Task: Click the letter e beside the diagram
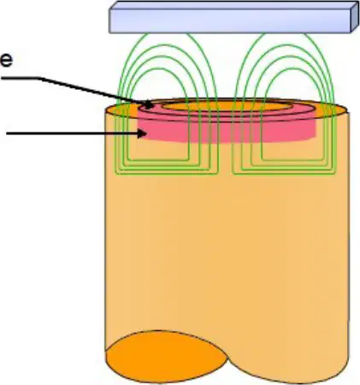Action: pyautogui.click(x=6, y=61)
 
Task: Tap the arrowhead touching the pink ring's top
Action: pyautogui.click(x=148, y=104)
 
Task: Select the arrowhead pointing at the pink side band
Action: pyautogui.click(x=142, y=133)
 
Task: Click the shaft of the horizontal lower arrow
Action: pyautogui.click(x=72, y=133)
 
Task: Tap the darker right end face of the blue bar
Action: pyautogui.click(x=355, y=16)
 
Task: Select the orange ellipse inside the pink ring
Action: pyautogui.click(x=227, y=107)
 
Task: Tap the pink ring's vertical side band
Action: pyautogui.click(x=228, y=132)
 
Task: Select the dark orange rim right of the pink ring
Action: pyautogui.click(x=331, y=110)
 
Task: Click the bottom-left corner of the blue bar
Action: pyautogui.click(x=109, y=33)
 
